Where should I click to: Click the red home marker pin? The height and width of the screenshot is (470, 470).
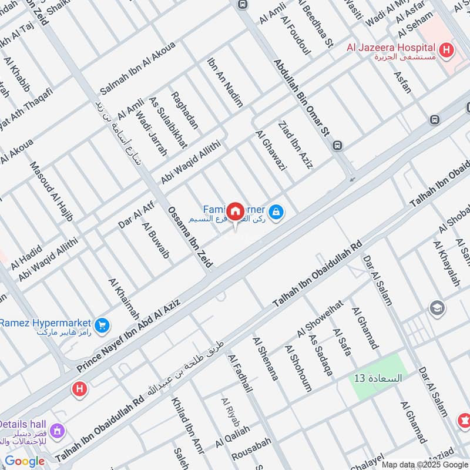click(235, 211)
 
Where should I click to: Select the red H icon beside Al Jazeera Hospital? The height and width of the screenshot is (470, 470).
click(446, 51)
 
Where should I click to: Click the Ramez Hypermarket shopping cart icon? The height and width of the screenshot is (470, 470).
click(102, 324)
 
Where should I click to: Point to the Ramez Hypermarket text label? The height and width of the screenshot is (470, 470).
click(45, 323)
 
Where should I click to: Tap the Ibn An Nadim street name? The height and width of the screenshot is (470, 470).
click(225, 82)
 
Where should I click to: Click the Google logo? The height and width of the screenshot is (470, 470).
click(25, 461)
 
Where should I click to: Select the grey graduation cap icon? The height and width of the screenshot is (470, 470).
click(437, 307)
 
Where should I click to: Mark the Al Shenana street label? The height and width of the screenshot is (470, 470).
click(266, 358)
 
